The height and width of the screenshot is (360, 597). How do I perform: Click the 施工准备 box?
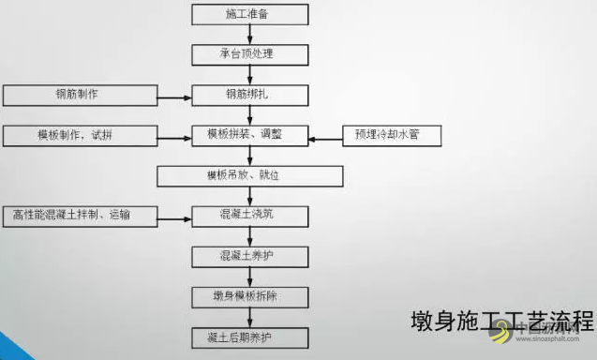(x=249, y=14)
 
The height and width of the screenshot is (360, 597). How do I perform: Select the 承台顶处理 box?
(x=249, y=53)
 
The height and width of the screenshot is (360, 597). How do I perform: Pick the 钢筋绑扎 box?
(x=249, y=95)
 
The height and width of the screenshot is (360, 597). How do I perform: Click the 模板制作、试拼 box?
(x=79, y=136)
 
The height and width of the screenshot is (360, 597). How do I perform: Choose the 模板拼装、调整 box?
(x=249, y=136)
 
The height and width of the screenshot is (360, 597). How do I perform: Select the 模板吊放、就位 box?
(x=249, y=176)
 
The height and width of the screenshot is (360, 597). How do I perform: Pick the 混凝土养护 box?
(x=249, y=256)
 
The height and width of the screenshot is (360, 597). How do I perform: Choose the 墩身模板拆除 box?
(x=249, y=296)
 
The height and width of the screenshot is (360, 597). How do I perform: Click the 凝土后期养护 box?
(x=249, y=337)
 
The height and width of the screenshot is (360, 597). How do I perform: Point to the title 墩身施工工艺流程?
(x=501, y=321)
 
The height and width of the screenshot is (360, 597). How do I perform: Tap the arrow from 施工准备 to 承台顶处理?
(x=250, y=34)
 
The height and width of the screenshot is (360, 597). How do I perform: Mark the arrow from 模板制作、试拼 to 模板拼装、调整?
(x=173, y=137)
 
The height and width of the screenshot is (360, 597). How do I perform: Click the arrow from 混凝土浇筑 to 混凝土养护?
(x=250, y=236)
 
